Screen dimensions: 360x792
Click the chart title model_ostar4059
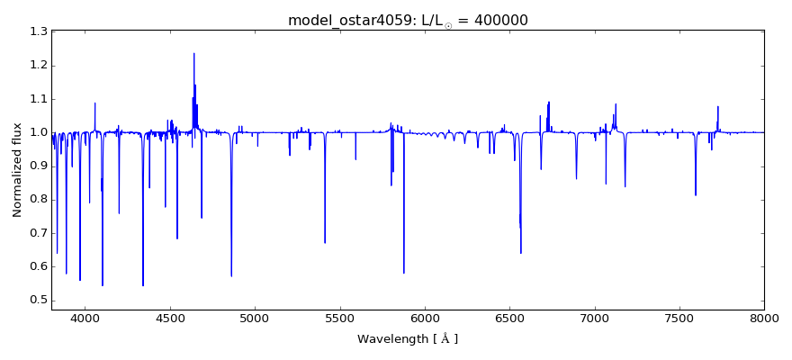(347, 21)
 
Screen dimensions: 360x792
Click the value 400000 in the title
(497, 21)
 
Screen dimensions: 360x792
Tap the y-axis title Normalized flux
(17, 171)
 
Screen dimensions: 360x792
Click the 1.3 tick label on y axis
(37, 32)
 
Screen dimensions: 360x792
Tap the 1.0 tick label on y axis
(37, 132)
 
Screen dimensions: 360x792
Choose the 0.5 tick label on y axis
(37, 301)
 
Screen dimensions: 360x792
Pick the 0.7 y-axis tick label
(37, 233)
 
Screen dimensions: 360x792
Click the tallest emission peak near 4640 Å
(193, 53)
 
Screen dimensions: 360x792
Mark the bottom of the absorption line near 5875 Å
(403, 273)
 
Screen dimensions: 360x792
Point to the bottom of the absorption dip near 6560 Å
(520, 253)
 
